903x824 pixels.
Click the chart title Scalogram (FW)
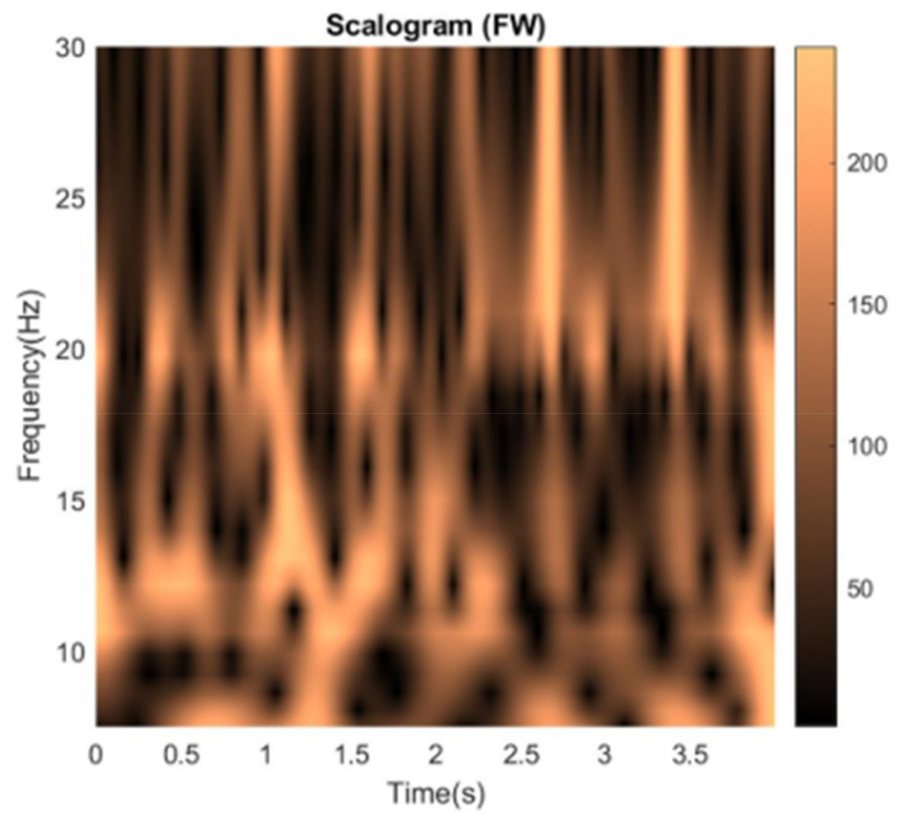click(435, 26)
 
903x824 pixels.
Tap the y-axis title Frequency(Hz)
click(31, 386)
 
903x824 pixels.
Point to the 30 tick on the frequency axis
click(70, 48)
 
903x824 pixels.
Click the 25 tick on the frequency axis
click(70, 199)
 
